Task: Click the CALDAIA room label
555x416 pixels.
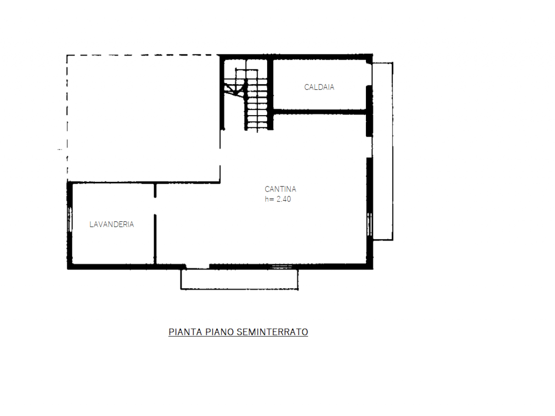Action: pyautogui.click(x=319, y=87)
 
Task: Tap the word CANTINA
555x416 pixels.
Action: pyautogui.click(x=280, y=189)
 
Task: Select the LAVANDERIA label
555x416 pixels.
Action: pyautogui.click(x=111, y=224)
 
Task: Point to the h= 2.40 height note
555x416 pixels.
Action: pyautogui.click(x=277, y=199)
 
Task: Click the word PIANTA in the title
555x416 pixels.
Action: pyautogui.click(x=185, y=332)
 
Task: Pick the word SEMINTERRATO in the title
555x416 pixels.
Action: pyautogui.click(x=272, y=332)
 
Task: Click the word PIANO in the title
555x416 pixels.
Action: pyautogui.click(x=219, y=332)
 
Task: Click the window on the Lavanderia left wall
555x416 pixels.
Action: pyautogui.click(x=70, y=219)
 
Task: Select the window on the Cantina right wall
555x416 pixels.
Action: pyautogui.click(x=369, y=224)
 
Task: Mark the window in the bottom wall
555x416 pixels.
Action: pyautogui.click(x=281, y=267)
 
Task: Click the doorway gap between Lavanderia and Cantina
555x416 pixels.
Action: pyautogui.click(x=155, y=206)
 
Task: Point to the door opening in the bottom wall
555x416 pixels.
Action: pyautogui.click(x=198, y=266)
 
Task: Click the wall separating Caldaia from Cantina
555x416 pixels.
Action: pyautogui.click(x=320, y=112)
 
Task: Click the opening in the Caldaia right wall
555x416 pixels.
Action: pyautogui.click(x=369, y=75)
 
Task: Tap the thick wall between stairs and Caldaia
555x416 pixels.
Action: pyautogui.click(x=270, y=94)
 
